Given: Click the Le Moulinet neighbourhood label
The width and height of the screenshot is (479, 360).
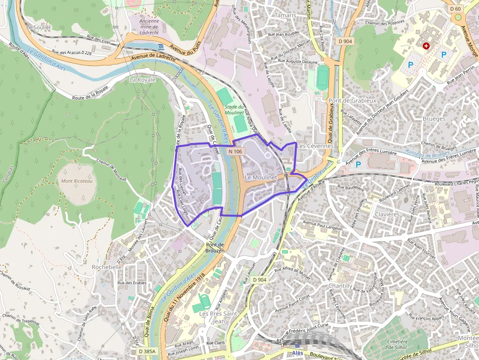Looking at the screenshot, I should click(x=261, y=177).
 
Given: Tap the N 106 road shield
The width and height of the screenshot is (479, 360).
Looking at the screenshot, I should click(x=235, y=151).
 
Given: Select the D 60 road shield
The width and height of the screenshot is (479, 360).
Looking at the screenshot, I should click(x=455, y=9).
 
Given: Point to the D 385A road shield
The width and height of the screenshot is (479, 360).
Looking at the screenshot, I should click(x=147, y=351).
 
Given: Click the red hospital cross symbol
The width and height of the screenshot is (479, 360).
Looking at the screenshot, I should click(x=426, y=45).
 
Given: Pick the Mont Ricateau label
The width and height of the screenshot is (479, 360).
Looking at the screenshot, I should click(x=76, y=181).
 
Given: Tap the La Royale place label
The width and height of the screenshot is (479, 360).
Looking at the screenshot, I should click(x=143, y=80).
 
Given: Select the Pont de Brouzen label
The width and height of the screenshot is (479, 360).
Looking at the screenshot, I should click(x=215, y=247).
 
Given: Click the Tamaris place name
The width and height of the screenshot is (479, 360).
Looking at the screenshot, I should click(x=285, y=15).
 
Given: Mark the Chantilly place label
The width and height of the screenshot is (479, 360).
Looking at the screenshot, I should click(x=341, y=286).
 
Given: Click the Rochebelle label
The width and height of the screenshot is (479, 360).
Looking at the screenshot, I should click(x=107, y=267).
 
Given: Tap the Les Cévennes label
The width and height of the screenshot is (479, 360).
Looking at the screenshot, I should click(x=315, y=146).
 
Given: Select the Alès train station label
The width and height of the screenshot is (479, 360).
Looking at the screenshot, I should click(x=297, y=353).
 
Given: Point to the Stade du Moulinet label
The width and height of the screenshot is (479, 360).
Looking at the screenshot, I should click(x=234, y=110).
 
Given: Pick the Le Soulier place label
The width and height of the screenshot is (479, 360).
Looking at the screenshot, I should click(x=39, y=27).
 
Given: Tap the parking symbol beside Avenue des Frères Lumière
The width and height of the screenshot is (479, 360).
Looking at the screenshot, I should click(x=358, y=165).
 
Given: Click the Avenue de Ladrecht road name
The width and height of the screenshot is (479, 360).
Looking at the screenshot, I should click(x=153, y=57).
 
